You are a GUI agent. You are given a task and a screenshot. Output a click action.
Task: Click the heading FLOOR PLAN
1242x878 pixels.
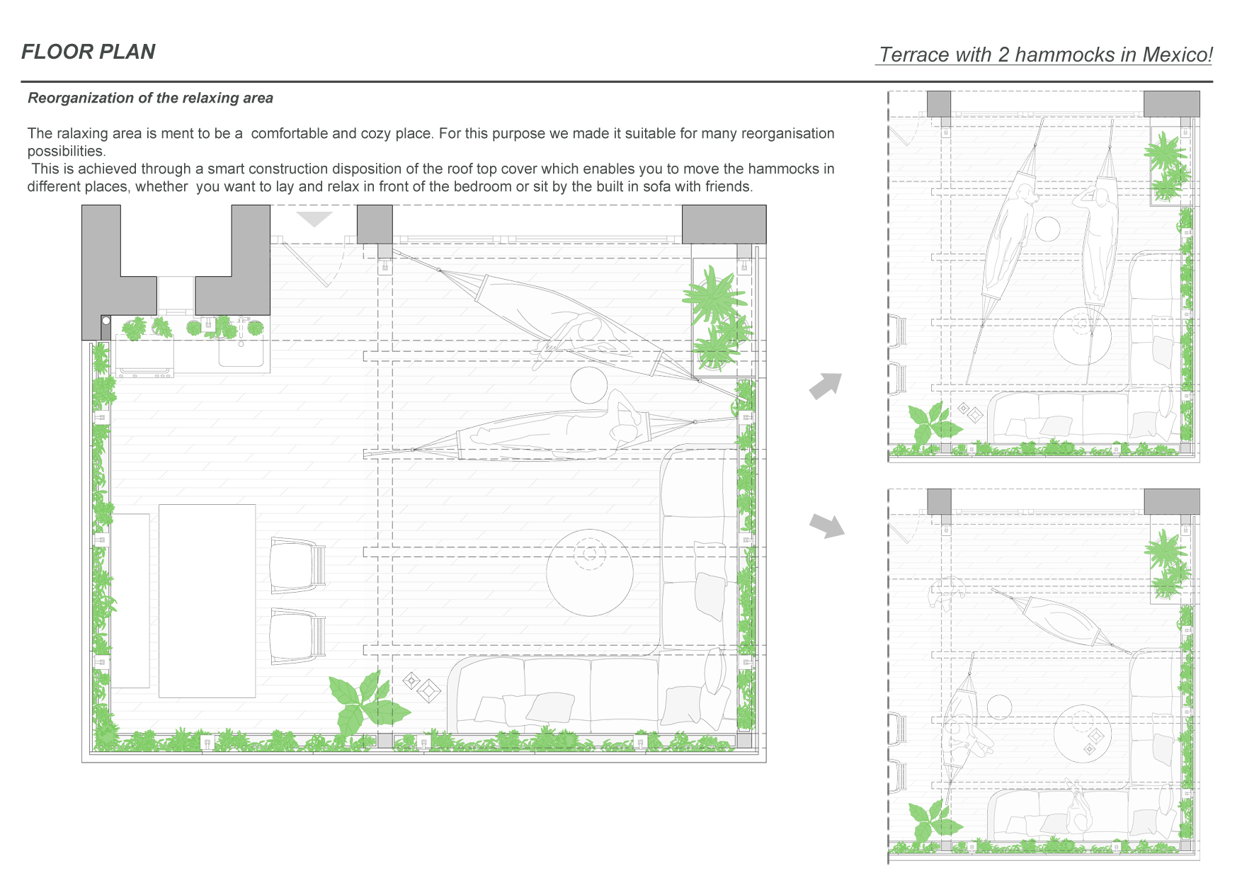[x=89, y=52]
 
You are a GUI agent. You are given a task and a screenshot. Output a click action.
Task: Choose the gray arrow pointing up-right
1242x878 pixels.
[x=826, y=386]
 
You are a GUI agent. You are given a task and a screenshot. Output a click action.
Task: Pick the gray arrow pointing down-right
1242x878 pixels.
[x=827, y=526]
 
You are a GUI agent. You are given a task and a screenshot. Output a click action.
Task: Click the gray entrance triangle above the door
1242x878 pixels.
[x=314, y=219]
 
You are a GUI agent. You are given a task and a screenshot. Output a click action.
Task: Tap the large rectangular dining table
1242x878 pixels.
[x=207, y=601]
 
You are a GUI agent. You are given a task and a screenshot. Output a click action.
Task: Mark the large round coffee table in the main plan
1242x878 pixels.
[x=590, y=572]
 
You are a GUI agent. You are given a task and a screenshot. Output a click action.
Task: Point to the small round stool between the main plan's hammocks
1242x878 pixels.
[x=589, y=385]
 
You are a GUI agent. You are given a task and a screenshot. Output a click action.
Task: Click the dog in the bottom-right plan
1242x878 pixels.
[x=947, y=592]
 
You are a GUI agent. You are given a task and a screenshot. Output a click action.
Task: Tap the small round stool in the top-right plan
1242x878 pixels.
[x=1047, y=229]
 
